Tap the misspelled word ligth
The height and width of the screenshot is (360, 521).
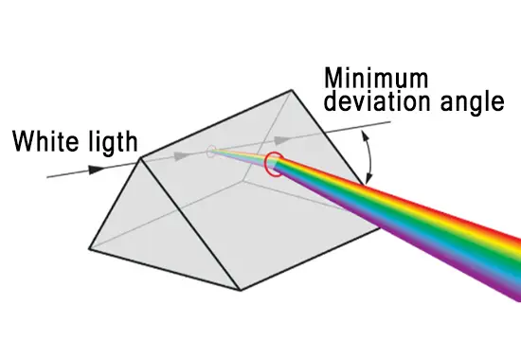109,144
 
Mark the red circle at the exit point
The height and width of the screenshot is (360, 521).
276,164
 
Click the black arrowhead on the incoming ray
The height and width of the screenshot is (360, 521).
95,170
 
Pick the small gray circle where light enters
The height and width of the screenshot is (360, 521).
211,150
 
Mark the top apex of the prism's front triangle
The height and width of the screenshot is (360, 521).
142,158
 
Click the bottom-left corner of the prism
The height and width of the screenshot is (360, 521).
89,249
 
